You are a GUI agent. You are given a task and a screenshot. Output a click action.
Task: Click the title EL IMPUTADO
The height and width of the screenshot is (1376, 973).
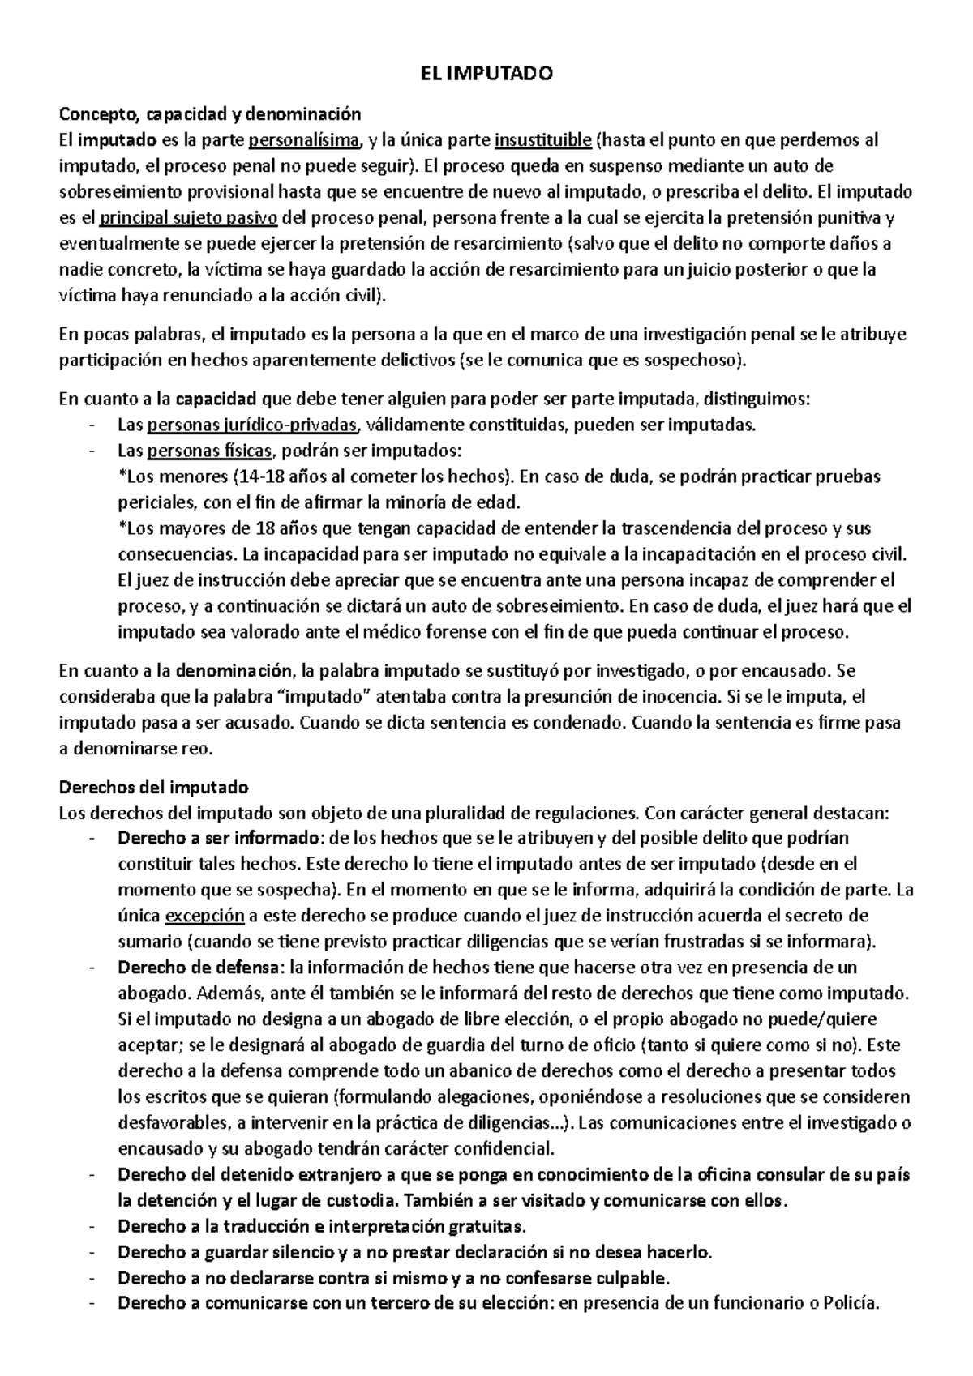[x=486, y=75]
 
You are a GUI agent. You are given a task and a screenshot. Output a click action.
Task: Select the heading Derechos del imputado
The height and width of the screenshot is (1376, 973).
[x=155, y=787]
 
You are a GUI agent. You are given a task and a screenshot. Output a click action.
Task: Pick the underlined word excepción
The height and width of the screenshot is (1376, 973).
[x=204, y=916]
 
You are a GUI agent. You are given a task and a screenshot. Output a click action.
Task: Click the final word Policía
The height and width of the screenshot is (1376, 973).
[x=851, y=1305]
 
